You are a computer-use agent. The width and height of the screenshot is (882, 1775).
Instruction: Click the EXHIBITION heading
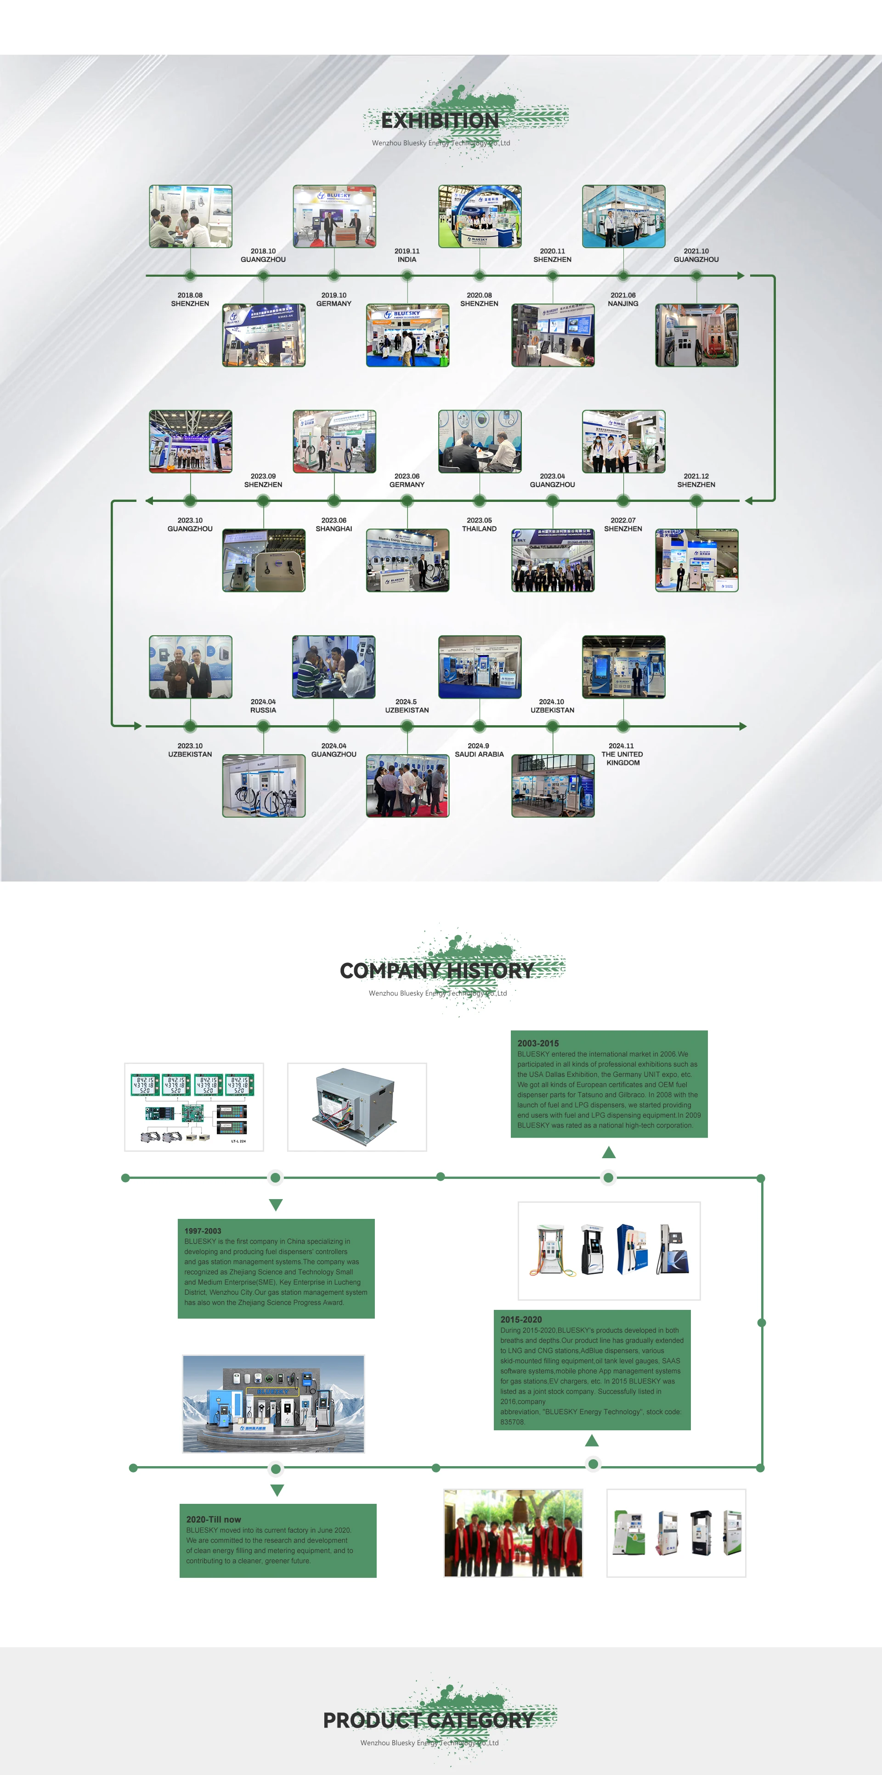(440, 120)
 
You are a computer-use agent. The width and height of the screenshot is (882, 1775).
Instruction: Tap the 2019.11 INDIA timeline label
(407, 256)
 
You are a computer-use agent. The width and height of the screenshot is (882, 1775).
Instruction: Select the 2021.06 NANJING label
(623, 300)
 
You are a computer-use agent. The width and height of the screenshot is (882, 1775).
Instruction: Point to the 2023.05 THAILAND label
(479, 525)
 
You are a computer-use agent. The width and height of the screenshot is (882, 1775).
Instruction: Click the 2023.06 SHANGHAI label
(334, 525)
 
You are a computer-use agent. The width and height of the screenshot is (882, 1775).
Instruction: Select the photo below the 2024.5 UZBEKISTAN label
(407, 785)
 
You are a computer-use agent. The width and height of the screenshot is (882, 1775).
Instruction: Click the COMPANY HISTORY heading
(437, 971)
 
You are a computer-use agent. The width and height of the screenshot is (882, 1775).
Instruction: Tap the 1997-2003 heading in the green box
(203, 1231)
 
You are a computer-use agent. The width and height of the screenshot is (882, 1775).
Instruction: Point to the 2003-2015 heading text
(538, 1043)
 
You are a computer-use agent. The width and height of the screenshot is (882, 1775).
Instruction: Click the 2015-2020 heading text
(521, 1320)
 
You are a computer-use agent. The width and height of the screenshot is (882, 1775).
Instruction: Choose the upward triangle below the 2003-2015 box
(609, 1153)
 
